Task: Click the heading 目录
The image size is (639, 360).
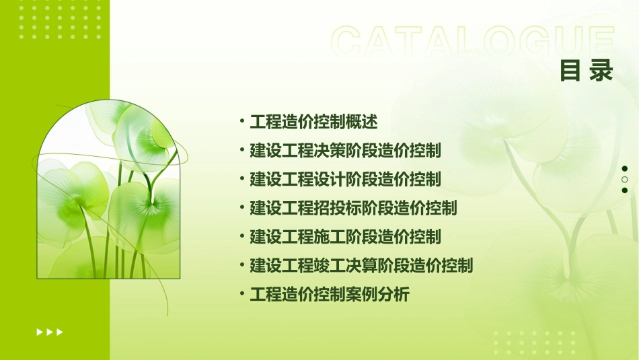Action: [587, 71]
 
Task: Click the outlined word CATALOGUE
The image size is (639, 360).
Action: [473, 42]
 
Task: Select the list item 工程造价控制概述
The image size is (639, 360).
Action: [314, 122]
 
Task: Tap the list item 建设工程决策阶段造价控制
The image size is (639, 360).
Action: [345, 150]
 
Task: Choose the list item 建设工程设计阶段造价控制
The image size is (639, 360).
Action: [345, 179]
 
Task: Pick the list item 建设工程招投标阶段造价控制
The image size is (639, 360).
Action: [353, 208]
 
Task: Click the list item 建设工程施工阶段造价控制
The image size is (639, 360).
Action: [345, 237]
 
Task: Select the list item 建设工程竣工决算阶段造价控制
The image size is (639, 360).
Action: [361, 266]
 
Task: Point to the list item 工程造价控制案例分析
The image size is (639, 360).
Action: [330, 295]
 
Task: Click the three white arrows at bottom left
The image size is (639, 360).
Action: [50, 332]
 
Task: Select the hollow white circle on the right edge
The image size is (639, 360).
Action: [625, 180]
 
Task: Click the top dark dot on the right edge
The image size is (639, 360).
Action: [625, 169]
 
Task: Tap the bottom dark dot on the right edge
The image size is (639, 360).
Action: [625, 190]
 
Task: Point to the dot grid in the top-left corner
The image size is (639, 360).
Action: [61, 20]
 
